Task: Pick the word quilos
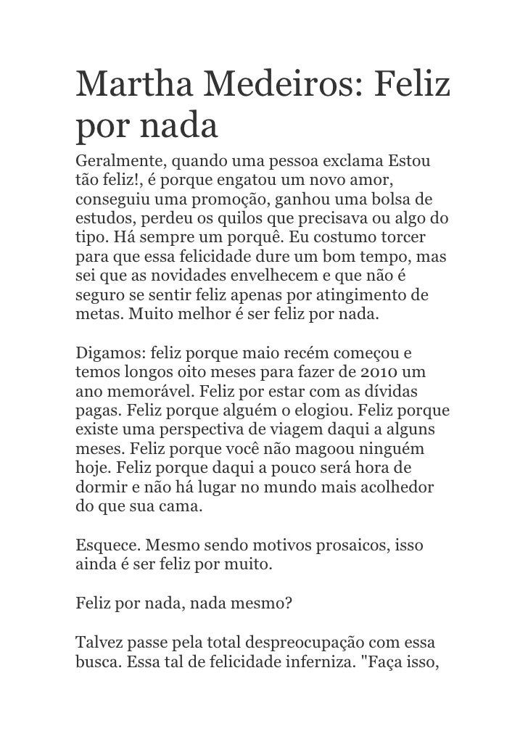[x=244, y=218]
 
